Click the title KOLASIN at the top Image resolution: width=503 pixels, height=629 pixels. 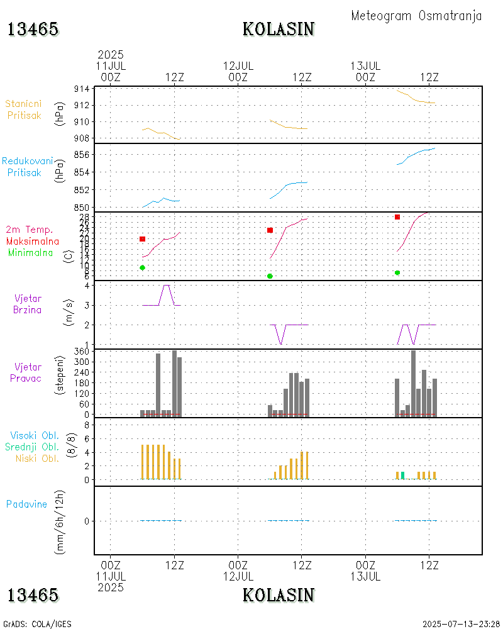click(x=279, y=29)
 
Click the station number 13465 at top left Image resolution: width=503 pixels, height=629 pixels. click(x=33, y=29)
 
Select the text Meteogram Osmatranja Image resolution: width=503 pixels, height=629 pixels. click(x=416, y=16)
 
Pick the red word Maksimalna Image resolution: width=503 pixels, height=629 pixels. click(x=33, y=242)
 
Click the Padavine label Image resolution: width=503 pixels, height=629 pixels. click(x=26, y=504)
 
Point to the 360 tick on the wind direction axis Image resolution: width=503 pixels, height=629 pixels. click(x=82, y=352)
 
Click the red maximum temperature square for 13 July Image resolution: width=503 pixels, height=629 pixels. click(x=397, y=217)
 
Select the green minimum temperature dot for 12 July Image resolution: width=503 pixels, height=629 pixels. click(x=270, y=276)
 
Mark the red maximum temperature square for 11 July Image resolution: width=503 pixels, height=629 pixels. click(x=143, y=239)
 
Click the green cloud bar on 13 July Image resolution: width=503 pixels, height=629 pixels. click(x=402, y=475)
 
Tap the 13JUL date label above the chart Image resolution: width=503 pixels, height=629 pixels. click(x=365, y=65)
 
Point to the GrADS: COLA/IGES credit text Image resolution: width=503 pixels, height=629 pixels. click(x=37, y=624)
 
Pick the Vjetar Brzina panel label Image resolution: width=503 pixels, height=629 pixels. click(x=28, y=304)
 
